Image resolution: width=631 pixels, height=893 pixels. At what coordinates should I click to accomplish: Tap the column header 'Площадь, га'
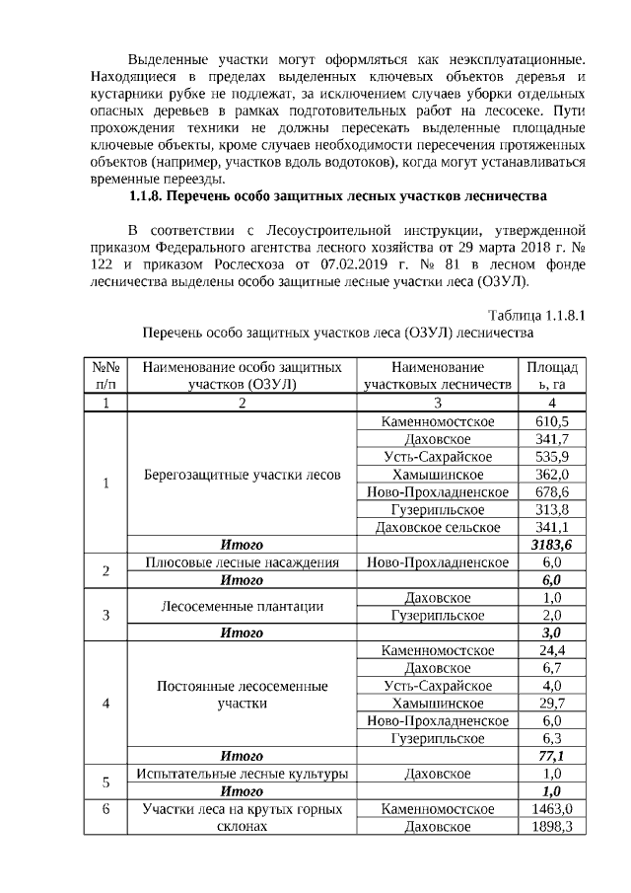pos(551,375)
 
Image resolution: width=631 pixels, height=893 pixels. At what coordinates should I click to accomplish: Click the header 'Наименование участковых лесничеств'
pos(438,375)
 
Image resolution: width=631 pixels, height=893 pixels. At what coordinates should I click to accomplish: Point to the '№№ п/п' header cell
pos(106,375)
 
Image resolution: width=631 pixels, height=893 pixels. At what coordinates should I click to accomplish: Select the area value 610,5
pos(551,421)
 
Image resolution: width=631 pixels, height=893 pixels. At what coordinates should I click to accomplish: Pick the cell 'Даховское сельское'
pos(438,528)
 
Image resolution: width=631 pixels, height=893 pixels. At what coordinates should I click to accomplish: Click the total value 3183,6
pos(551,545)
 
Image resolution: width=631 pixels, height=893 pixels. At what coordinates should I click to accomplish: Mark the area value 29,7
pos(551,704)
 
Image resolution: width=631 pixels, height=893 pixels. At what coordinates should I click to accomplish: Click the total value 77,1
pos(551,756)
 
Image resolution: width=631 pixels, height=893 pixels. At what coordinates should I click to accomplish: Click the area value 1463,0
pos(551,808)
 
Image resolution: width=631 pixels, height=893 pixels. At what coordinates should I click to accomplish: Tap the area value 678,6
pos(551,492)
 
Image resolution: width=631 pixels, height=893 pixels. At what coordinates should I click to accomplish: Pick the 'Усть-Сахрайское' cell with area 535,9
pos(438,457)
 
